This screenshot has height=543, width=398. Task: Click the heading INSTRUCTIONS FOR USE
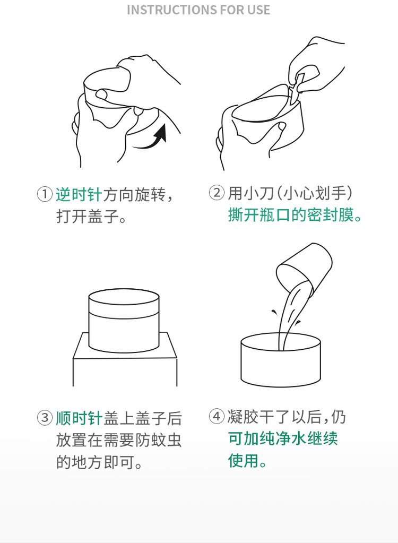tap(198, 10)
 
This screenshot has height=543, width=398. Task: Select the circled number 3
tap(45, 418)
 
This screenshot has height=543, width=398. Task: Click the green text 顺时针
tap(79, 418)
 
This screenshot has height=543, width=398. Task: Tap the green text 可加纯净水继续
tap(283, 439)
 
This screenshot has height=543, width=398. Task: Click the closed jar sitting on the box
tap(124, 320)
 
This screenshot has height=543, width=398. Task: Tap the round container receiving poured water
tap(280, 361)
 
